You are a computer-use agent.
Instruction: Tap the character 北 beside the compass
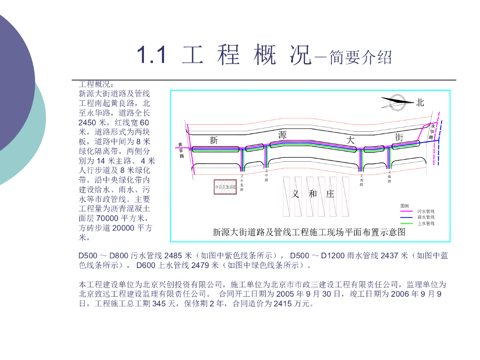[x=420, y=102]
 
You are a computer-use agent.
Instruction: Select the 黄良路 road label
[x=180, y=150]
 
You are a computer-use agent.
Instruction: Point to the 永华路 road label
[x=432, y=132]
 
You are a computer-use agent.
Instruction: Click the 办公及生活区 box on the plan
[x=225, y=187]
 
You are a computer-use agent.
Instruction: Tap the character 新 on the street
[x=214, y=140]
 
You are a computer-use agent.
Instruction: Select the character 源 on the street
[x=282, y=135]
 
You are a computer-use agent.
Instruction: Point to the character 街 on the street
[x=399, y=137]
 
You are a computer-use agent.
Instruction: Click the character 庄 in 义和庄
[x=330, y=194]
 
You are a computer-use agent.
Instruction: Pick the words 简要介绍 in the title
[x=360, y=58]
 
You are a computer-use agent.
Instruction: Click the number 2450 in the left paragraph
[x=88, y=122]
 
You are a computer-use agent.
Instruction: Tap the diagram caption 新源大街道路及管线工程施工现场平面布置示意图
[x=309, y=232]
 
